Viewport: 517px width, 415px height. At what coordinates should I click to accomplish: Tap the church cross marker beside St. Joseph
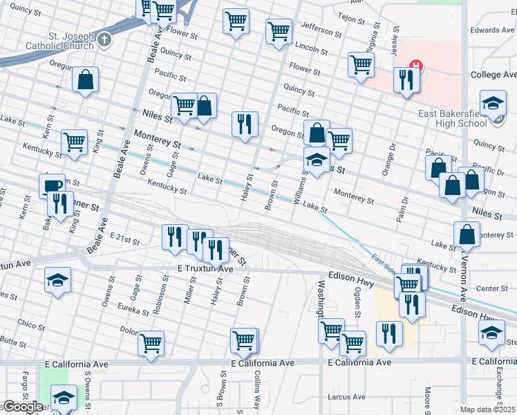pyautogui.click(x=104, y=39)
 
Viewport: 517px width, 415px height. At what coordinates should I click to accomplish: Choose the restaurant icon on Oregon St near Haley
pyautogui.click(x=244, y=124)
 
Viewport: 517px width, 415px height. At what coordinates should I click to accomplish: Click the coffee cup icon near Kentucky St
pyautogui.click(x=51, y=185)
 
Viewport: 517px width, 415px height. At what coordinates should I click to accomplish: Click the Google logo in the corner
pyautogui.click(x=22, y=407)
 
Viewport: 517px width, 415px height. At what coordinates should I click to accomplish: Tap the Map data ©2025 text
pyautogui.click(x=487, y=409)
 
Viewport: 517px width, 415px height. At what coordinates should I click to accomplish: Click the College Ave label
pyautogui.click(x=493, y=74)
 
